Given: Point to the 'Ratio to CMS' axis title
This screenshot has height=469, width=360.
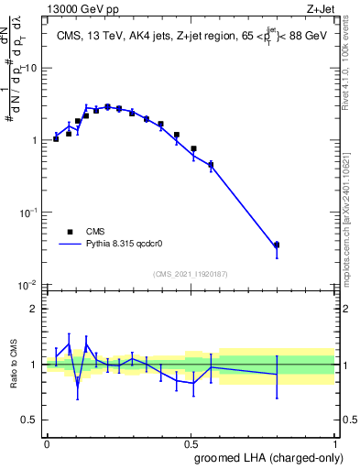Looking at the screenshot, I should point(14,365).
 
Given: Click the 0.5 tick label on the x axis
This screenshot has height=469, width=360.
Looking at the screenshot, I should point(190,443).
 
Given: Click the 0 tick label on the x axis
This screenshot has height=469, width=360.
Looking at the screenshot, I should point(47,443).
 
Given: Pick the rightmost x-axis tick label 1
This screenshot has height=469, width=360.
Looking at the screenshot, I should point(333,443).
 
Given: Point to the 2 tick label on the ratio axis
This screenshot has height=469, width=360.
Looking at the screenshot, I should point(35,309).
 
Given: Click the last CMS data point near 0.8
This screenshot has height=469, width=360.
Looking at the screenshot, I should point(277,245).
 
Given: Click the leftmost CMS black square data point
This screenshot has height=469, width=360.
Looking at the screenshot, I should point(56,138).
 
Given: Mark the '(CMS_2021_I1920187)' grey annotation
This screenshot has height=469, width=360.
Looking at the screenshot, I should point(191,274).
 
